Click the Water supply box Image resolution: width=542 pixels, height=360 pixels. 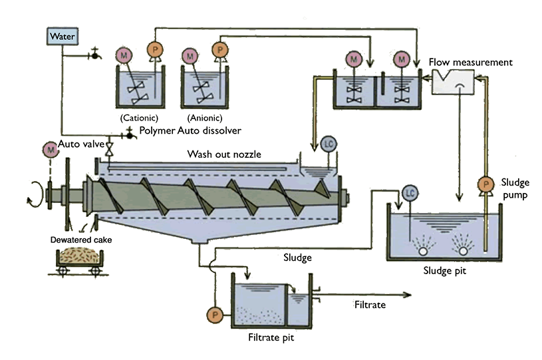point(63,37)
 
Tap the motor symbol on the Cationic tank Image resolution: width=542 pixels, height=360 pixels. point(124,55)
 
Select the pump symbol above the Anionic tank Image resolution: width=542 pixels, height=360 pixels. point(219,50)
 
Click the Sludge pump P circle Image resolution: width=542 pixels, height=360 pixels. point(486,184)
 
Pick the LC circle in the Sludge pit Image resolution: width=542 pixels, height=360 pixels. point(410,193)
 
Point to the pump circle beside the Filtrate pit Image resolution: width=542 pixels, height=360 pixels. point(215,315)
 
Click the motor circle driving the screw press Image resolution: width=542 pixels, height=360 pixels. point(51,150)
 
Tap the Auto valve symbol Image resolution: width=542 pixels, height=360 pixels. point(110,148)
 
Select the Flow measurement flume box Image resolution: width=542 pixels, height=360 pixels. point(453,82)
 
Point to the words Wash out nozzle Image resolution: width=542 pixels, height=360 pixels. point(224,154)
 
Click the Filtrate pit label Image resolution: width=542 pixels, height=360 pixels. point(271,337)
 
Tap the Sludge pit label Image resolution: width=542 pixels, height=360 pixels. point(444,270)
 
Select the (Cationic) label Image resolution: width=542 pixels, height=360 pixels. point(139,118)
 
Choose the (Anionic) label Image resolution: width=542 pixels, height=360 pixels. point(205,118)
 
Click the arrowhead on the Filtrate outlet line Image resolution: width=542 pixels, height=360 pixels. point(408,295)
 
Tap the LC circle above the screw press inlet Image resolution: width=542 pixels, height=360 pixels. point(329,144)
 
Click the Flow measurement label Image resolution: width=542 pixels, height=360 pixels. point(470,63)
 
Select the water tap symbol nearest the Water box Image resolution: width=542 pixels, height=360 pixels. point(94,55)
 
